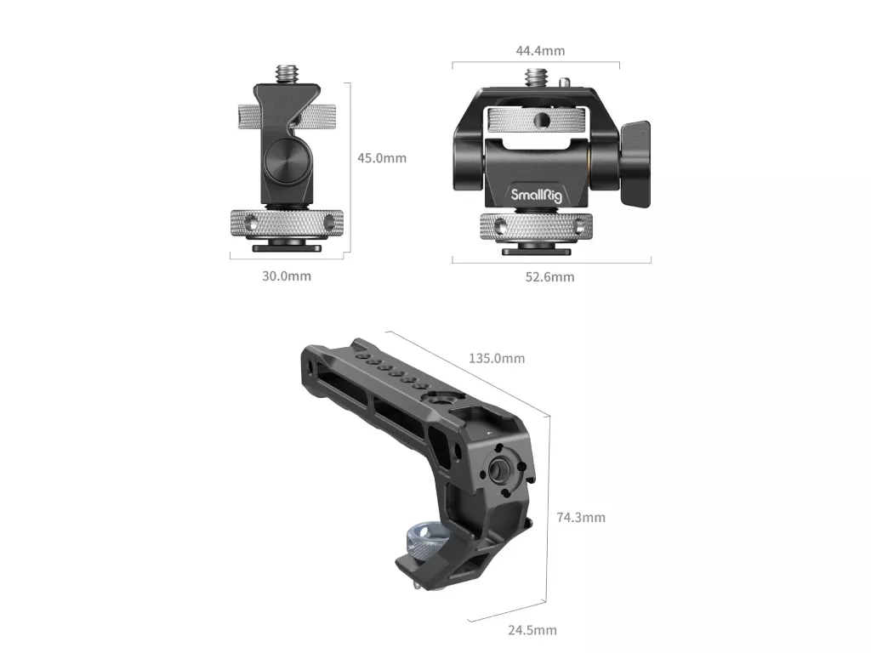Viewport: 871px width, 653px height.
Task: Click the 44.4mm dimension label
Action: (540, 50)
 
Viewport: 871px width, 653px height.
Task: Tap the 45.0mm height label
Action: (382, 158)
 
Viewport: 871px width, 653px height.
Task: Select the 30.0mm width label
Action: (287, 276)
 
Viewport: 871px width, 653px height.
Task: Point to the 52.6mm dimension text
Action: (550, 277)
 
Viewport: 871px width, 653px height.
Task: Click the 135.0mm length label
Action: (497, 358)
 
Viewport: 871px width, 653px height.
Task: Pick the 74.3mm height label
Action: (581, 518)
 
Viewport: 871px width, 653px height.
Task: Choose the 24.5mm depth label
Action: (532, 630)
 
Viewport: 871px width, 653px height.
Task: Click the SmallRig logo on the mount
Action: (536, 195)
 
